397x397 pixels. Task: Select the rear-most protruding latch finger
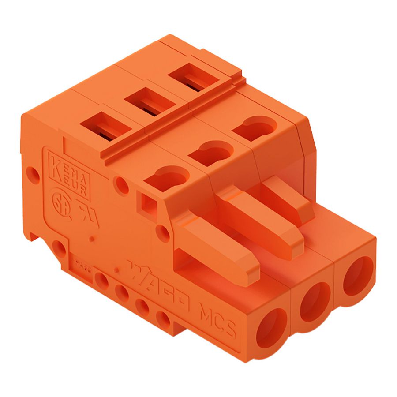[x=289, y=197]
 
